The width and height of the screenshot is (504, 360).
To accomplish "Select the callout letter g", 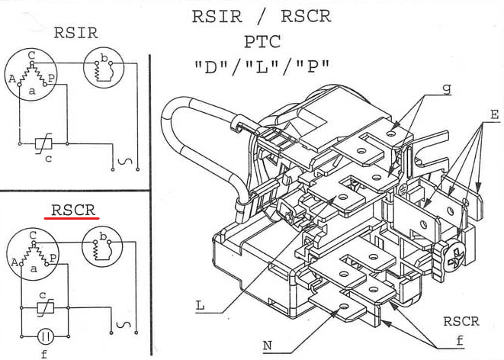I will coord(446,88).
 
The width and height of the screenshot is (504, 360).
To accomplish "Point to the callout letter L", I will coord(199,306).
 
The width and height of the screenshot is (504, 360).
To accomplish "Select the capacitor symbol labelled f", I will coord(45,336).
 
